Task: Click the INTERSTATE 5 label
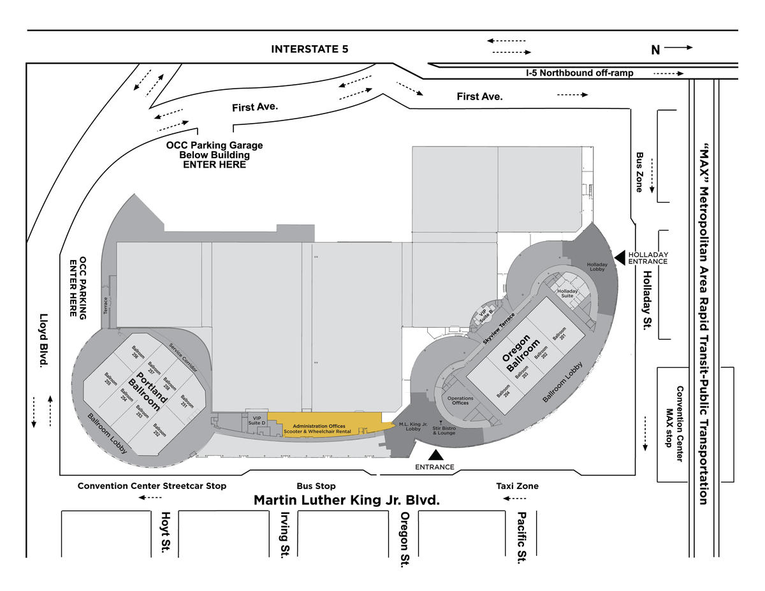[309, 49]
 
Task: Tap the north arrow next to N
[678, 48]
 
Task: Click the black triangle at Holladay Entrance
[620, 258]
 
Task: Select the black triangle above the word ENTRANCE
[435, 455]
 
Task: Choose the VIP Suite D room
[257, 421]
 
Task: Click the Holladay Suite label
[567, 293]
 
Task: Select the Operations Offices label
[460, 400]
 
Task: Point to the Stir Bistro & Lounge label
[444, 430]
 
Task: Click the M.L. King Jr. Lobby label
[413, 427]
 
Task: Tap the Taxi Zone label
[517, 486]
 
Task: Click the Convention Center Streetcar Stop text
[152, 486]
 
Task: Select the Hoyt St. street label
[166, 532]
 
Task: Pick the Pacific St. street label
[521, 537]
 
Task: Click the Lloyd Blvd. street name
[43, 340]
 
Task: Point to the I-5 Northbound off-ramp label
[579, 73]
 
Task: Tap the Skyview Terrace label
[499, 329]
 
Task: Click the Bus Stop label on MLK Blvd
[316, 486]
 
